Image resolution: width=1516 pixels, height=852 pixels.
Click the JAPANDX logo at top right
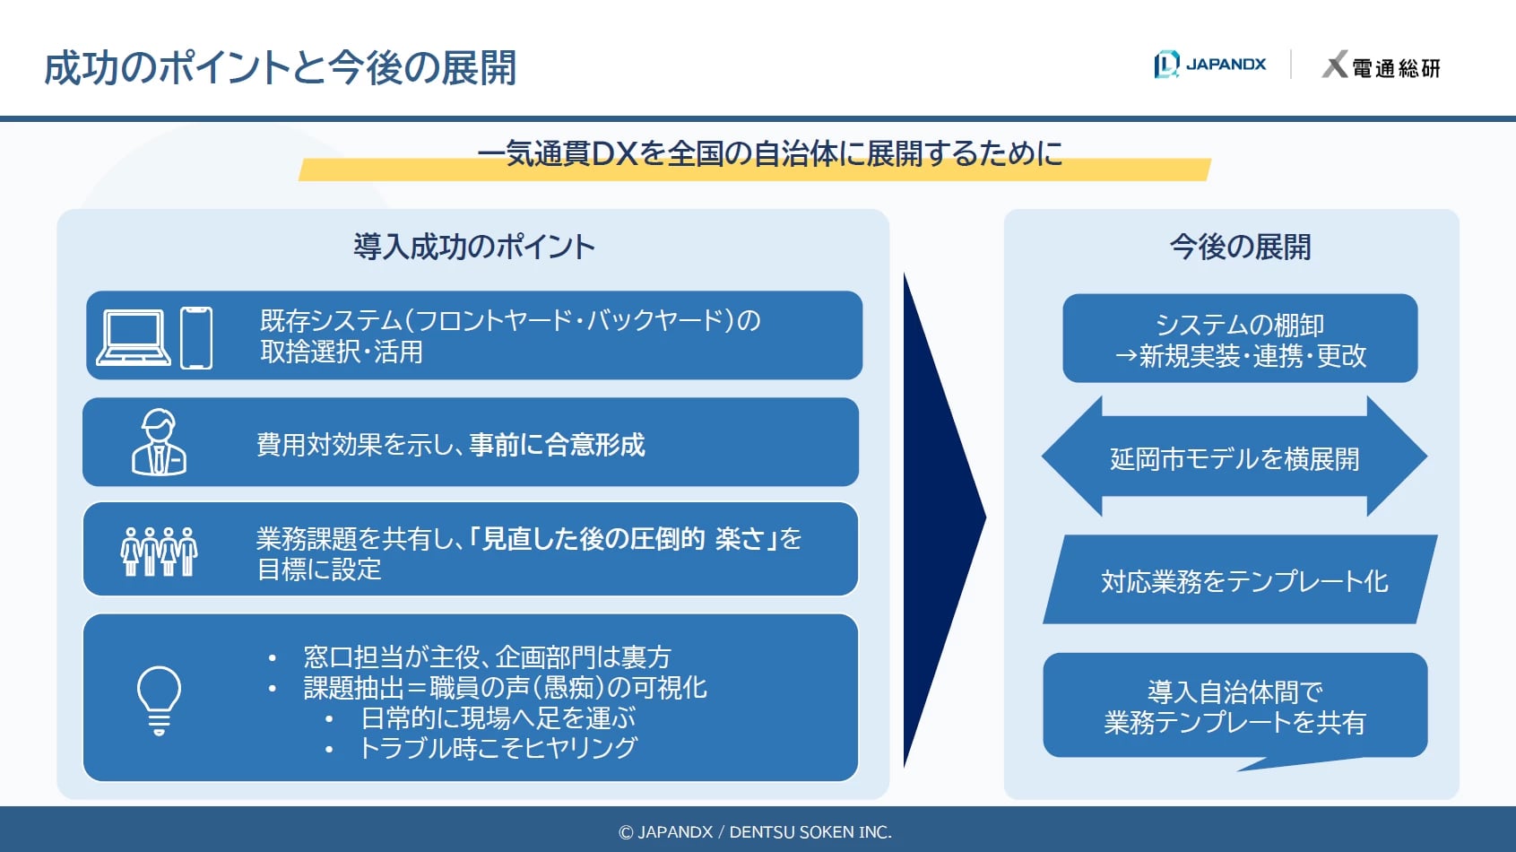pyautogui.click(x=1209, y=65)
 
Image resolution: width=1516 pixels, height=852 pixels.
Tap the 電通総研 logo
pyautogui.click(x=1381, y=66)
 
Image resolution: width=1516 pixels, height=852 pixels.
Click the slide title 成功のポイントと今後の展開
pyautogui.click(x=280, y=68)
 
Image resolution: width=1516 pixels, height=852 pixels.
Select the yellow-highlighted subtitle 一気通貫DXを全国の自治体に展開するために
pyautogui.click(x=769, y=154)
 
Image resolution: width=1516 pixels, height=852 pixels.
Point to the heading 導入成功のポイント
pyautogui.click(x=473, y=247)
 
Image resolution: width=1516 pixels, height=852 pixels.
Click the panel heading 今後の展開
pyautogui.click(x=1240, y=247)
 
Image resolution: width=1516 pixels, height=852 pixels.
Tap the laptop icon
pyautogui.click(x=134, y=337)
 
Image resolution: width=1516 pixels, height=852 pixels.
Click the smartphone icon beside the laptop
pyautogui.click(x=196, y=337)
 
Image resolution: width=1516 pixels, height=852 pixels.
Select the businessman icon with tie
pyautogui.click(x=159, y=442)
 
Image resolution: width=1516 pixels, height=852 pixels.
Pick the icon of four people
pyautogui.click(x=159, y=551)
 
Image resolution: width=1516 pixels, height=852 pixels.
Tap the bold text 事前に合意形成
pyautogui.click(x=557, y=445)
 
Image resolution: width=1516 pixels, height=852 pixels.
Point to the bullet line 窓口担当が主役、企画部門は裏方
pyautogui.click(x=487, y=657)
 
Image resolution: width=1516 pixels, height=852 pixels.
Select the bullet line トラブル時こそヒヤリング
pyautogui.click(x=498, y=748)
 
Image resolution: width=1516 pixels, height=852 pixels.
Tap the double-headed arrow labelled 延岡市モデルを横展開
pyautogui.click(x=1234, y=458)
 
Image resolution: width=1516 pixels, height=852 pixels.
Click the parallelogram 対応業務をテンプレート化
pyautogui.click(x=1243, y=581)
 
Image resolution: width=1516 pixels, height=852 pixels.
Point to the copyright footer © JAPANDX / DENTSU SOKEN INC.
pyautogui.click(x=755, y=832)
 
